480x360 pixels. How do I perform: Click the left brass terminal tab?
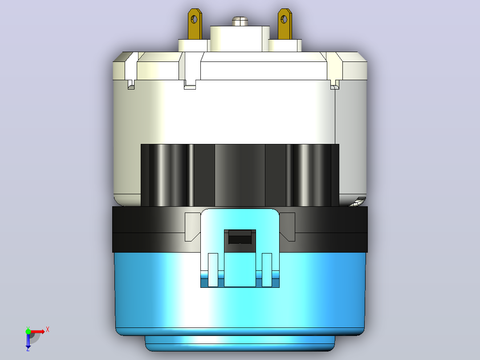[195, 24]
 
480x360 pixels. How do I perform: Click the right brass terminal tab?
[285, 24]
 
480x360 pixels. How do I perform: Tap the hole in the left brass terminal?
[194, 20]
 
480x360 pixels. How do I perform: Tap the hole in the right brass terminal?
[284, 20]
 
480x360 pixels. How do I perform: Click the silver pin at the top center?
[240, 21]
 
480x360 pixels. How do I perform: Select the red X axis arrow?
[37, 331]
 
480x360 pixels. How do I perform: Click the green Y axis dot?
[28, 331]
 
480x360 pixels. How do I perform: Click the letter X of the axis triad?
[48, 330]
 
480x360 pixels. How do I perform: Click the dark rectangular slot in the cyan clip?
[240, 237]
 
